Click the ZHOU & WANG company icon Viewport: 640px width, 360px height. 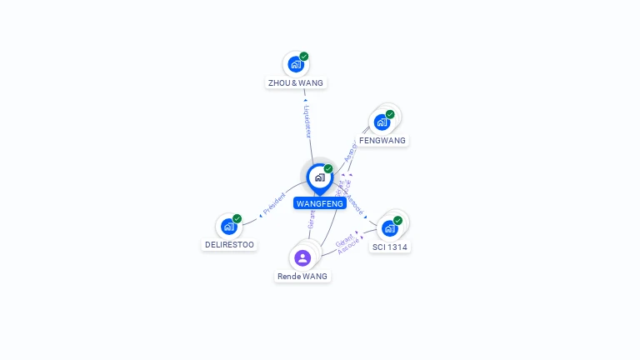295,64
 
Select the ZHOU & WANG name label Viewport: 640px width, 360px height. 296,83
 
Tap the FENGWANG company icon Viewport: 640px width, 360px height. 382,122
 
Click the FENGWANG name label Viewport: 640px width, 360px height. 382,141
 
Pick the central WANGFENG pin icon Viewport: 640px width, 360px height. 319,177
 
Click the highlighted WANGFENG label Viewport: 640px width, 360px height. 320,203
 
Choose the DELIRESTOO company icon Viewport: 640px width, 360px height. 228,226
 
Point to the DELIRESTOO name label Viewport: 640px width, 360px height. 229,245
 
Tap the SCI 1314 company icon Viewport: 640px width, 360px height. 389,227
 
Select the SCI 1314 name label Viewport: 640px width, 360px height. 390,247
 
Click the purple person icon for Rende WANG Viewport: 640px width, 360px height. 302,257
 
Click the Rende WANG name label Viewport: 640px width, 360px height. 302,276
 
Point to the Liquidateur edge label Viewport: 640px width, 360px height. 307,121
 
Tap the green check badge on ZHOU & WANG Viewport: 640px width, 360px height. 304,57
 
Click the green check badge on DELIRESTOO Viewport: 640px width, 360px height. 237,218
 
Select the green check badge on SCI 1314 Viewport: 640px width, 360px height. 398,220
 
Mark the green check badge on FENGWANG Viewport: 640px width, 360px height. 390,114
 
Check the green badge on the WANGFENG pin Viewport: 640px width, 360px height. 328,168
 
